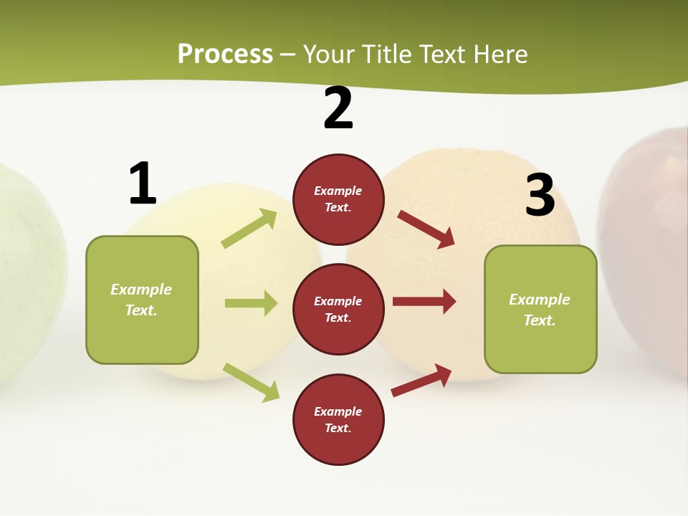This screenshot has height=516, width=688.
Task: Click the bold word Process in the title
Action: point(225,54)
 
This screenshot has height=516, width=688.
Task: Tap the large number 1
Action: point(143,183)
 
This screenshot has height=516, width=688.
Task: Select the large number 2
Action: point(338,108)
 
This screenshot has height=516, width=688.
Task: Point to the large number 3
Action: point(540,195)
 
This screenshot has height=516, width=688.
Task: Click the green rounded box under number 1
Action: point(142,300)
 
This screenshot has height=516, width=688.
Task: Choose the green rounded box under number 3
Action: point(540,309)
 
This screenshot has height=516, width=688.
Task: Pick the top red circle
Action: point(338,199)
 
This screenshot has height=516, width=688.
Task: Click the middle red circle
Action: point(338,309)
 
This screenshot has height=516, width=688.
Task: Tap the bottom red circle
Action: point(338,419)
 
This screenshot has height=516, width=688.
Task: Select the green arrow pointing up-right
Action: point(249,229)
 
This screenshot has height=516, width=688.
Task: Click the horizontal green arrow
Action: point(251,303)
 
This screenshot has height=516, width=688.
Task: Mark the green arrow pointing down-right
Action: point(251,382)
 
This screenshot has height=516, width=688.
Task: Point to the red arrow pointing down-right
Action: point(426,229)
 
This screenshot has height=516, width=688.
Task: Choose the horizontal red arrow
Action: point(424,301)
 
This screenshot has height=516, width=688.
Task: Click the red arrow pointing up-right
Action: point(421,380)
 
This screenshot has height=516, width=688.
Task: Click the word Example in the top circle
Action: point(338,191)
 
